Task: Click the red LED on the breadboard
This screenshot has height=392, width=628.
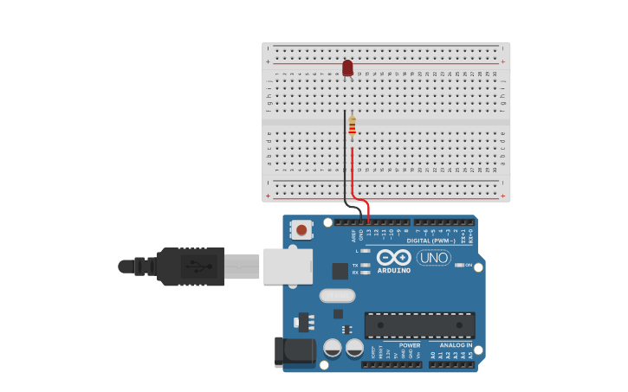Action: pyautogui.click(x=347, y=67)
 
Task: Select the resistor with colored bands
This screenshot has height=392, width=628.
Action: pyautogui.click(x=352, y=127)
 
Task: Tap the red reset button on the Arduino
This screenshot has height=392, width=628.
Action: pyautogui.click(x=301, y=229)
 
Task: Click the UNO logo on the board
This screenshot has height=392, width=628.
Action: pyautogui.click(x=433, y=257)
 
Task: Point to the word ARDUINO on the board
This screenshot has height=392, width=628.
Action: pyautogui.click(x=393, y=271)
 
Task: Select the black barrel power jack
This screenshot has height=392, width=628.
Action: pyautogui.click(x=295, y=350)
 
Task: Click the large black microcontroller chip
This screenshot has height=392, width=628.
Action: pyautogui.click(x=419, y=325)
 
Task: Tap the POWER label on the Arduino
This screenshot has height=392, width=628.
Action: pyautogui.click(x=410, y=345)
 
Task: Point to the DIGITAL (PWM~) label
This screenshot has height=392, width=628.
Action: pyautogui.click(x=431, y=241)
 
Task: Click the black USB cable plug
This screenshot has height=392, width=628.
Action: pyautogui.click(x=191, y=267)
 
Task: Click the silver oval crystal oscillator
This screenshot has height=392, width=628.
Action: pyautogui.click(x=337, y=295)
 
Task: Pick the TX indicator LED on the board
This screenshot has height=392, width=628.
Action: pyautogui.click(x=366, y=265)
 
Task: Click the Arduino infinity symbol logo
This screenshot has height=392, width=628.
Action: pyautogui.click(x=393, y=257)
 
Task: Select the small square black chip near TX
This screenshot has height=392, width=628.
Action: pyautogui.click(x=340, y=271)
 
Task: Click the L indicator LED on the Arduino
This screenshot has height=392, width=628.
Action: pyautogui.click(x=366, y=251)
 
